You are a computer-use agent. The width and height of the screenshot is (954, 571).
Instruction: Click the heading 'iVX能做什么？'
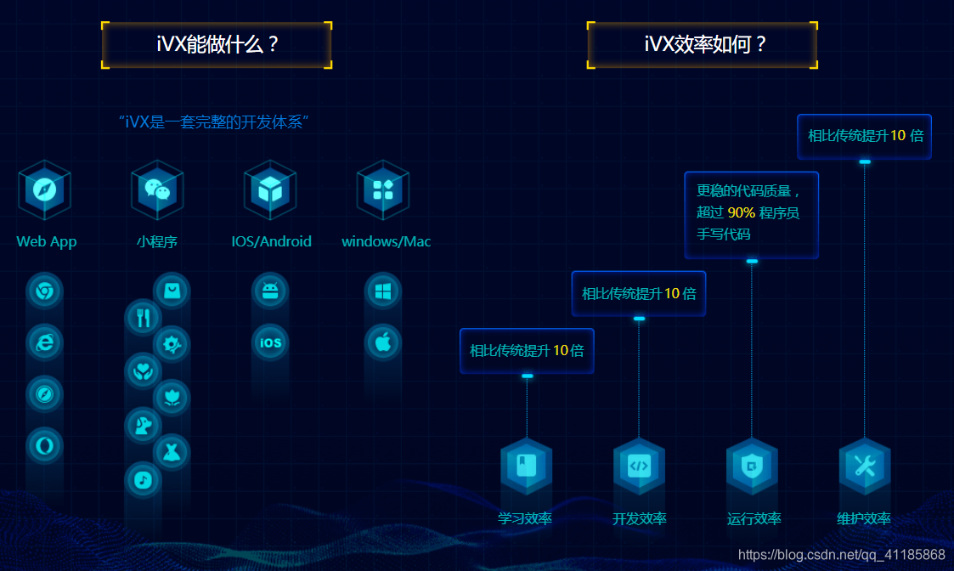pyautogui.click(x=217, y=45)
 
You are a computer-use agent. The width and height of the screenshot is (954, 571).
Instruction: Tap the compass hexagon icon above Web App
pyautogui.click(x=44, y=189)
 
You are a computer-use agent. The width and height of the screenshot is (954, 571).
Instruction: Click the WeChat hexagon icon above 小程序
pyautogui.click(x=157, y=189)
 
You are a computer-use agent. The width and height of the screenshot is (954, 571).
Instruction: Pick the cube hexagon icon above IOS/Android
pyautogui.click(x=270, y=189)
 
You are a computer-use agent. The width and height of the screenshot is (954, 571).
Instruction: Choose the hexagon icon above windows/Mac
pyautogui.click(x=383, y=189)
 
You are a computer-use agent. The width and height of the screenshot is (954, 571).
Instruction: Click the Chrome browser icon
pyautogui.click(x=44, y=291)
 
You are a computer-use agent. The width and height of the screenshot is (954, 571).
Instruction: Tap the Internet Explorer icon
pyautogui.click(x=44, y=342)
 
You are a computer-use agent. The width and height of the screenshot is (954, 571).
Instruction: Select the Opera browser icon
pyautogui.click(x=44, y=444)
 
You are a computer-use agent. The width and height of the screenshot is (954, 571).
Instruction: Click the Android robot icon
pyautogui.click(x=270, y=291)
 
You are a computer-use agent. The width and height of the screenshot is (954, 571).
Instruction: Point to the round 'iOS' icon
pyautogui.click(x=270, y=342)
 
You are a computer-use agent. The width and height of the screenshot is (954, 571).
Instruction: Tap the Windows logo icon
pyautogui.click(x=383, y=291)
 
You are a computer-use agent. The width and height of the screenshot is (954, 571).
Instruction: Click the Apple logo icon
pyautogui.click(x=383, y=342)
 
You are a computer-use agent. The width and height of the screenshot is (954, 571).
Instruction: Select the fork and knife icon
pyautogui.click(x=143, y=318)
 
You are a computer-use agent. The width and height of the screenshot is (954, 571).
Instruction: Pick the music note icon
pyautogui.click(x=143, y=480)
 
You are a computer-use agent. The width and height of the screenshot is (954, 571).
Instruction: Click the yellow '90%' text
pyautogui.click(x=741, y=212)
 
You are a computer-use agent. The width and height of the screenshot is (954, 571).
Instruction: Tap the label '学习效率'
pyautogui.click(x=525, y=518)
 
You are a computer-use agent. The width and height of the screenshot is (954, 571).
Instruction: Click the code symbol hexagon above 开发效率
pyautogui.click(x=639, y=465)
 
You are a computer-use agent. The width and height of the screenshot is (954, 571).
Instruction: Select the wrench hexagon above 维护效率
pyautogui.click(x=865, y=465)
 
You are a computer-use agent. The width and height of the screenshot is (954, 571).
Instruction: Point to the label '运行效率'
pyautogui.click(x=754, y=518)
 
